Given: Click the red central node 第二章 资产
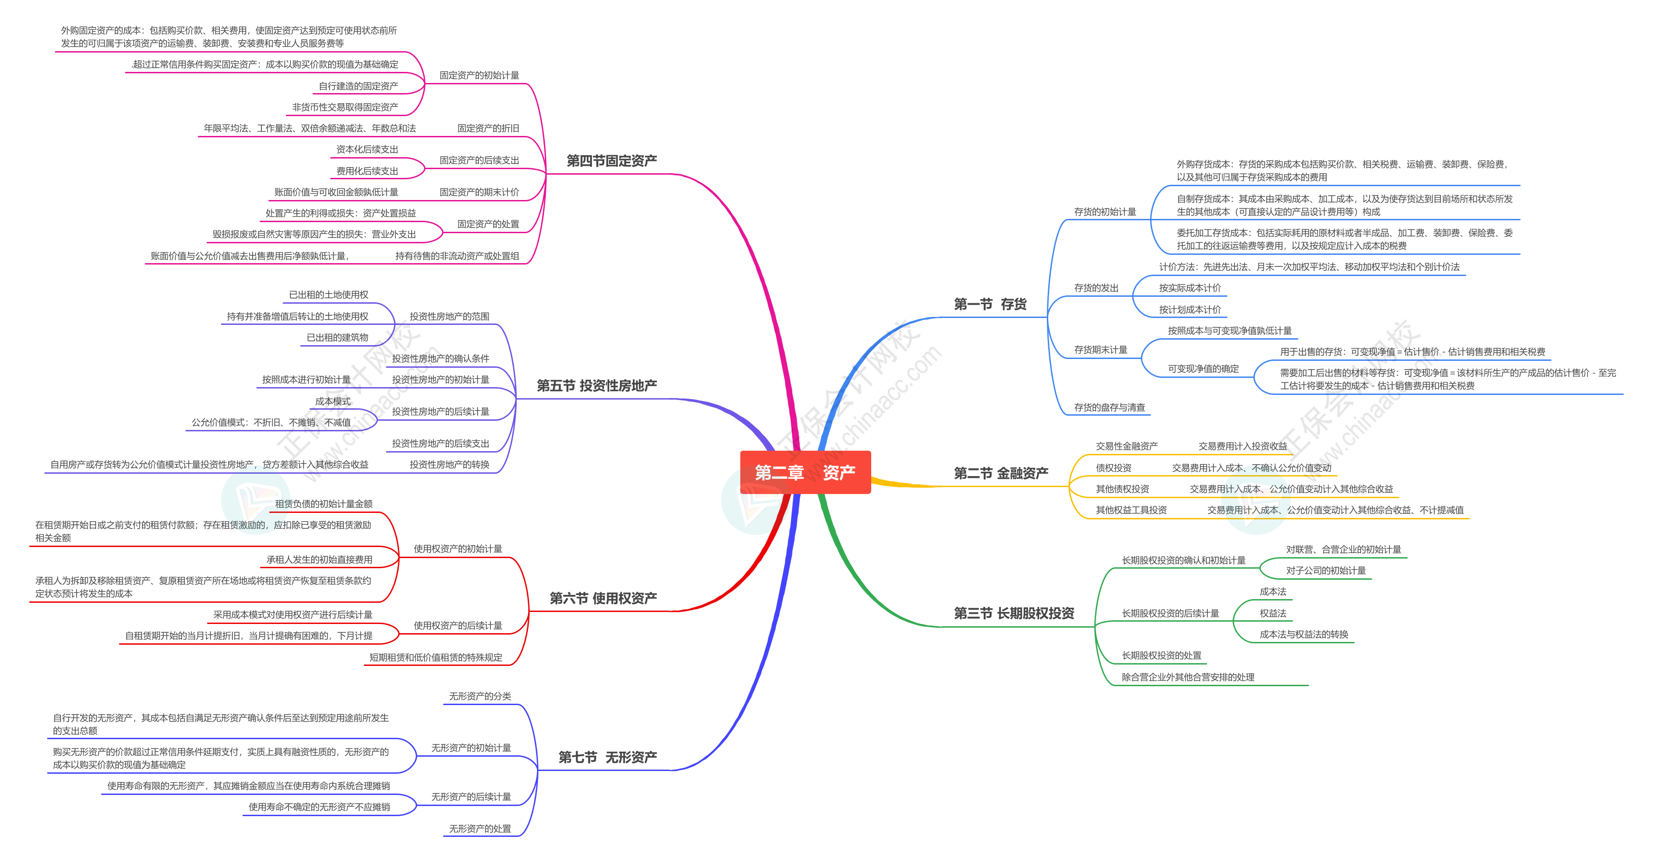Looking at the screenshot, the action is click(805, 472).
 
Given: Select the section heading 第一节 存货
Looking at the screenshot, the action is click(990, 304).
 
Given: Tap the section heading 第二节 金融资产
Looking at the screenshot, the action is click(1001, 473).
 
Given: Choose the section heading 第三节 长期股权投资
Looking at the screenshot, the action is click(1014, 613).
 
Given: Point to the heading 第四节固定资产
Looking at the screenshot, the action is click(612, 161).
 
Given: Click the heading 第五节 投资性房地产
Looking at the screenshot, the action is click(597, 386).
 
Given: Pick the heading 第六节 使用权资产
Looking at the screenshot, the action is click(603, 599).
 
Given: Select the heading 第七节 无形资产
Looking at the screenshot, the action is click(608, 758).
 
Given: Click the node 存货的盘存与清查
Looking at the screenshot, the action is click(1110, 407).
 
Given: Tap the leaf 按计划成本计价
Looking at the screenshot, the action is click(1190, 310).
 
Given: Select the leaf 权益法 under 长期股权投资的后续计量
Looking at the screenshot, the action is click(1272, 613).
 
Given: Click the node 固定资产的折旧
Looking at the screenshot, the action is click(488, 128).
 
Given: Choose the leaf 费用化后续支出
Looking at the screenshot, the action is click(367, 171).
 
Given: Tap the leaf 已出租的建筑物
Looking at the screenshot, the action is click(337, 337).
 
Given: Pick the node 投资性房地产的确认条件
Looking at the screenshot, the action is click(440, 359).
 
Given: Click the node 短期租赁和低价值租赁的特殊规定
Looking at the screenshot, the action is click(436, 658).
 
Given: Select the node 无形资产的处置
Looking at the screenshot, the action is click(480, 829).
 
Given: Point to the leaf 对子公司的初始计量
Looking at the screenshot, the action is click(1326, 571).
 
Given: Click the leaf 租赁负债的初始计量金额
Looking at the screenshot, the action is click(324, 504).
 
